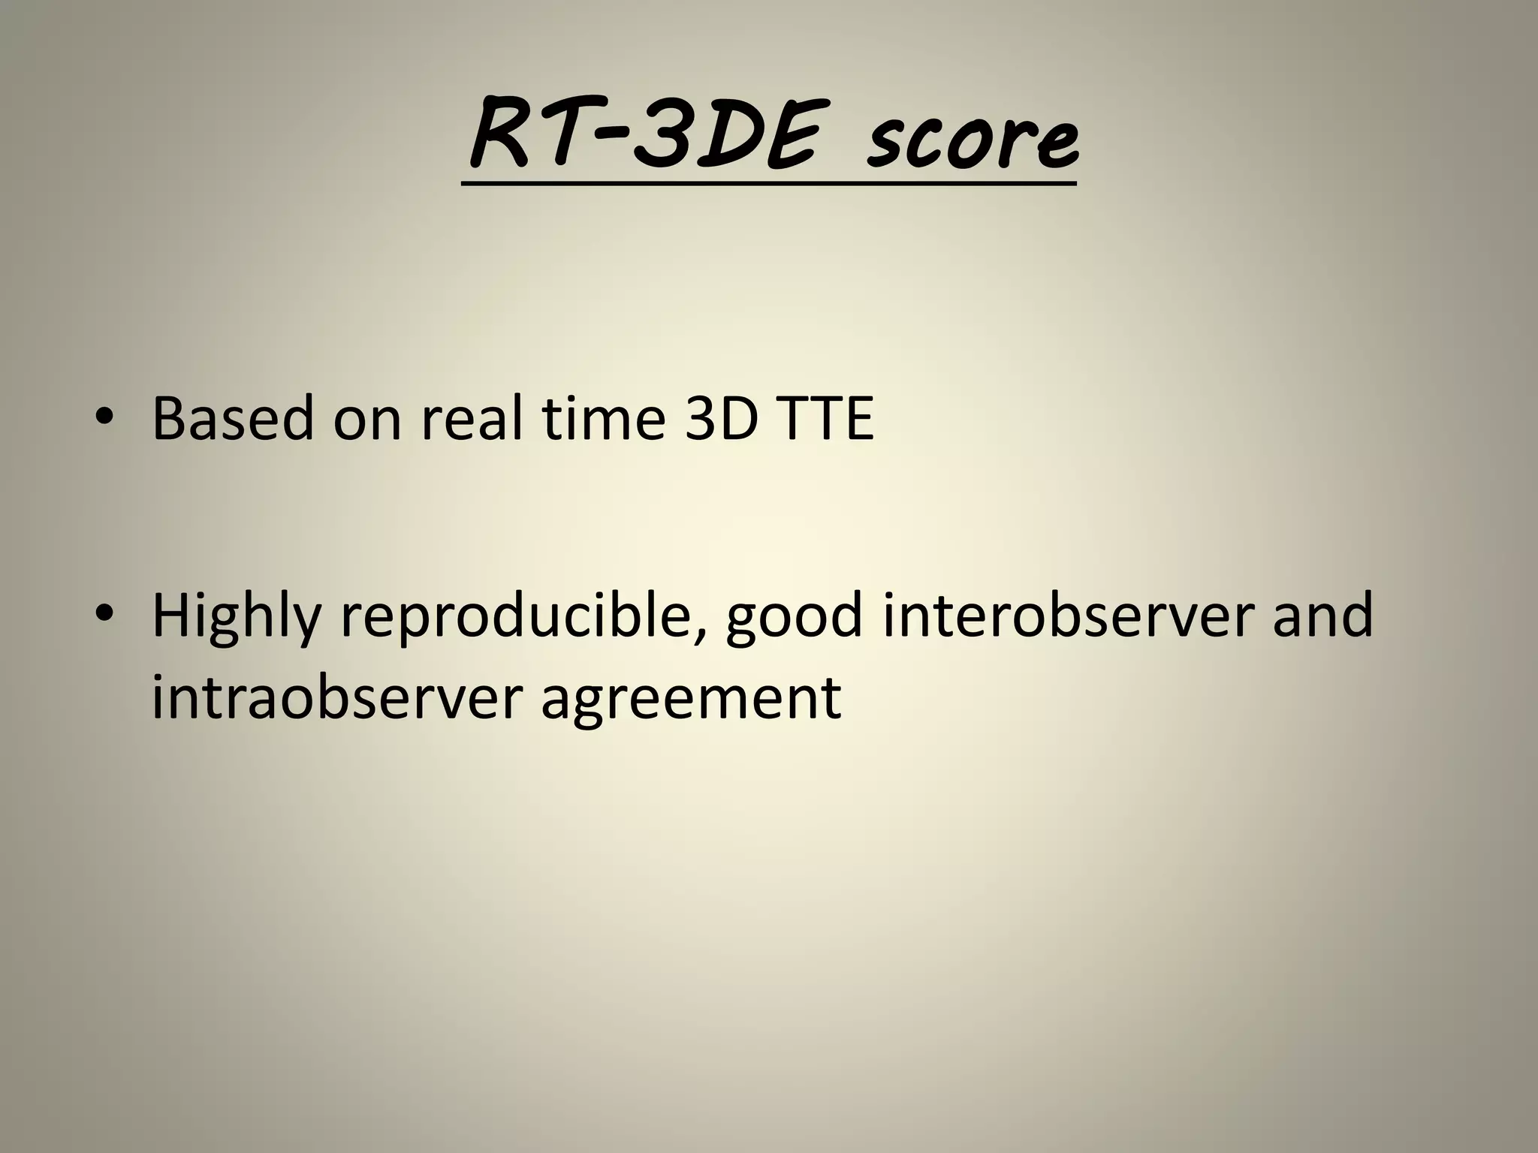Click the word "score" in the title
click(973, 139)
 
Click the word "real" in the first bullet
click(471, 418)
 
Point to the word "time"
click(604, 418)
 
